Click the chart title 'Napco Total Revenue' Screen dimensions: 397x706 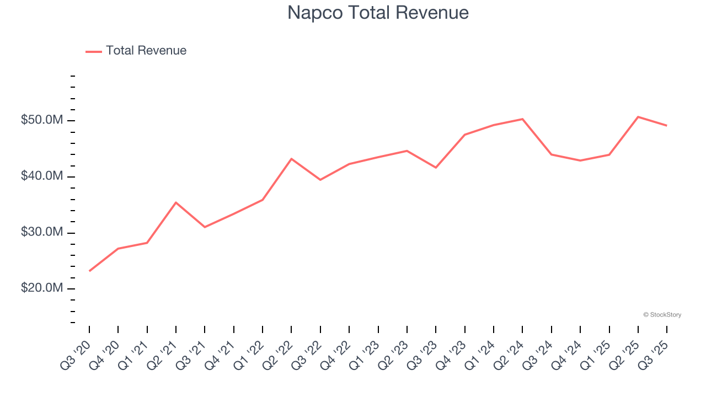pos(378,13)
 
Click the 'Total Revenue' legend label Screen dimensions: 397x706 pos(146,51)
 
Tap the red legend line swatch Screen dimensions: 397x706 pos(94,51)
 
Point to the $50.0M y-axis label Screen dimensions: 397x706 pos(42,120)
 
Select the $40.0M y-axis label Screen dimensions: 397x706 pos(42,176)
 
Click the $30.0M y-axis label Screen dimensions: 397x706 pos(42,232)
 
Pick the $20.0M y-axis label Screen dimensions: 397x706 pos(42,288)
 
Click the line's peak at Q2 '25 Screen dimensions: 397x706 pos(638,117)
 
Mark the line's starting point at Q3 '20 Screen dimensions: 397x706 pos(89,271)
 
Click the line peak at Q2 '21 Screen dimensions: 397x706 pos(176,202)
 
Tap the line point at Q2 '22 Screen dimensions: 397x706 pos(291,159)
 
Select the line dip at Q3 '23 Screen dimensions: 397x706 pos(436,167)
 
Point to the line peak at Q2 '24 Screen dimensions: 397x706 pos(522,119)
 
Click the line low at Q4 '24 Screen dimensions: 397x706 pos(580,160)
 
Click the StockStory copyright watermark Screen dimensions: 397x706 pos(662,315)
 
